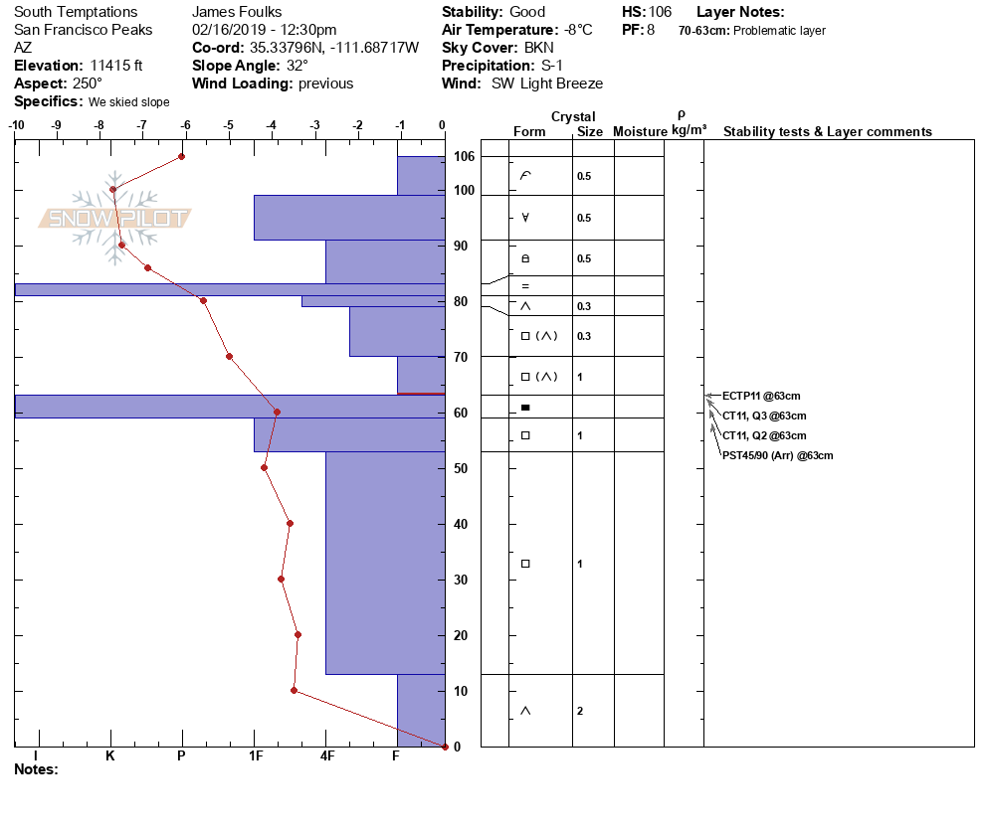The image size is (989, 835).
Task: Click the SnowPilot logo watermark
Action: tap(114, 218)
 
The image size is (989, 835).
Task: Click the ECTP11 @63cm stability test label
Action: tap(760, 396)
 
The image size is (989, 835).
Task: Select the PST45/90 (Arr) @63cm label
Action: tap(777, 455)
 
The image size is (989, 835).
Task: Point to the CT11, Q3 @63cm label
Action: tap(763, 416)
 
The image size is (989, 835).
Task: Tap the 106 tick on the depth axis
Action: tap(464, 157)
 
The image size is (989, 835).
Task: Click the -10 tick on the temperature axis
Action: tap(16, 125)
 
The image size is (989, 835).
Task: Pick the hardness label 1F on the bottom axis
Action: tap(255, 755)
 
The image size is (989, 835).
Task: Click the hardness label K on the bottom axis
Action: tap(110, 755)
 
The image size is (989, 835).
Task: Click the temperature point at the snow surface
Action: tap(182, 156)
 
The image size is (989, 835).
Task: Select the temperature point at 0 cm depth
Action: tap(445, 747)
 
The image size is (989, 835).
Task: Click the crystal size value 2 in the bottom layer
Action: tap(579, 711)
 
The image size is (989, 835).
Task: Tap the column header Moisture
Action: tap(639, 131)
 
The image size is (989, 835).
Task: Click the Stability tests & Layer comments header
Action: tap(827, 131)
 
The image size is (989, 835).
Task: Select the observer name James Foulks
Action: tap(237, 12)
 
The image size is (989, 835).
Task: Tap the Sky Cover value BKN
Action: tap(540, 48)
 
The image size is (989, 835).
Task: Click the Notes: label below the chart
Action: tap(37, 768)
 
